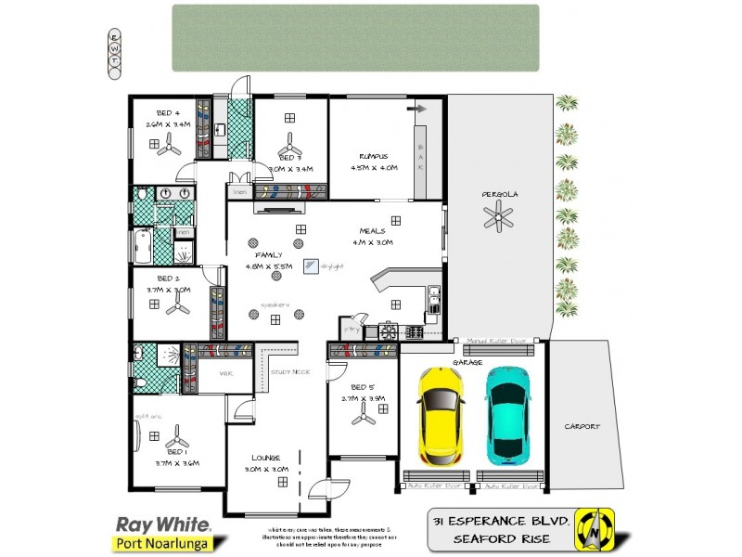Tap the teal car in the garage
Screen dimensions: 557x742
coord(507,415)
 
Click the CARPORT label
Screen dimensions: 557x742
coord(582,427)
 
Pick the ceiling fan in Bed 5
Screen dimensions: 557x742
coord(363,418)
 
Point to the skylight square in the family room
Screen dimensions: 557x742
coord(311,265)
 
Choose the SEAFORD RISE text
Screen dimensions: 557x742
coord(502,539)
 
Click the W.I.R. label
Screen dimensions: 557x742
coord(225,373)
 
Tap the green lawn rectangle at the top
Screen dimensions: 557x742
coord(355,37)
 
